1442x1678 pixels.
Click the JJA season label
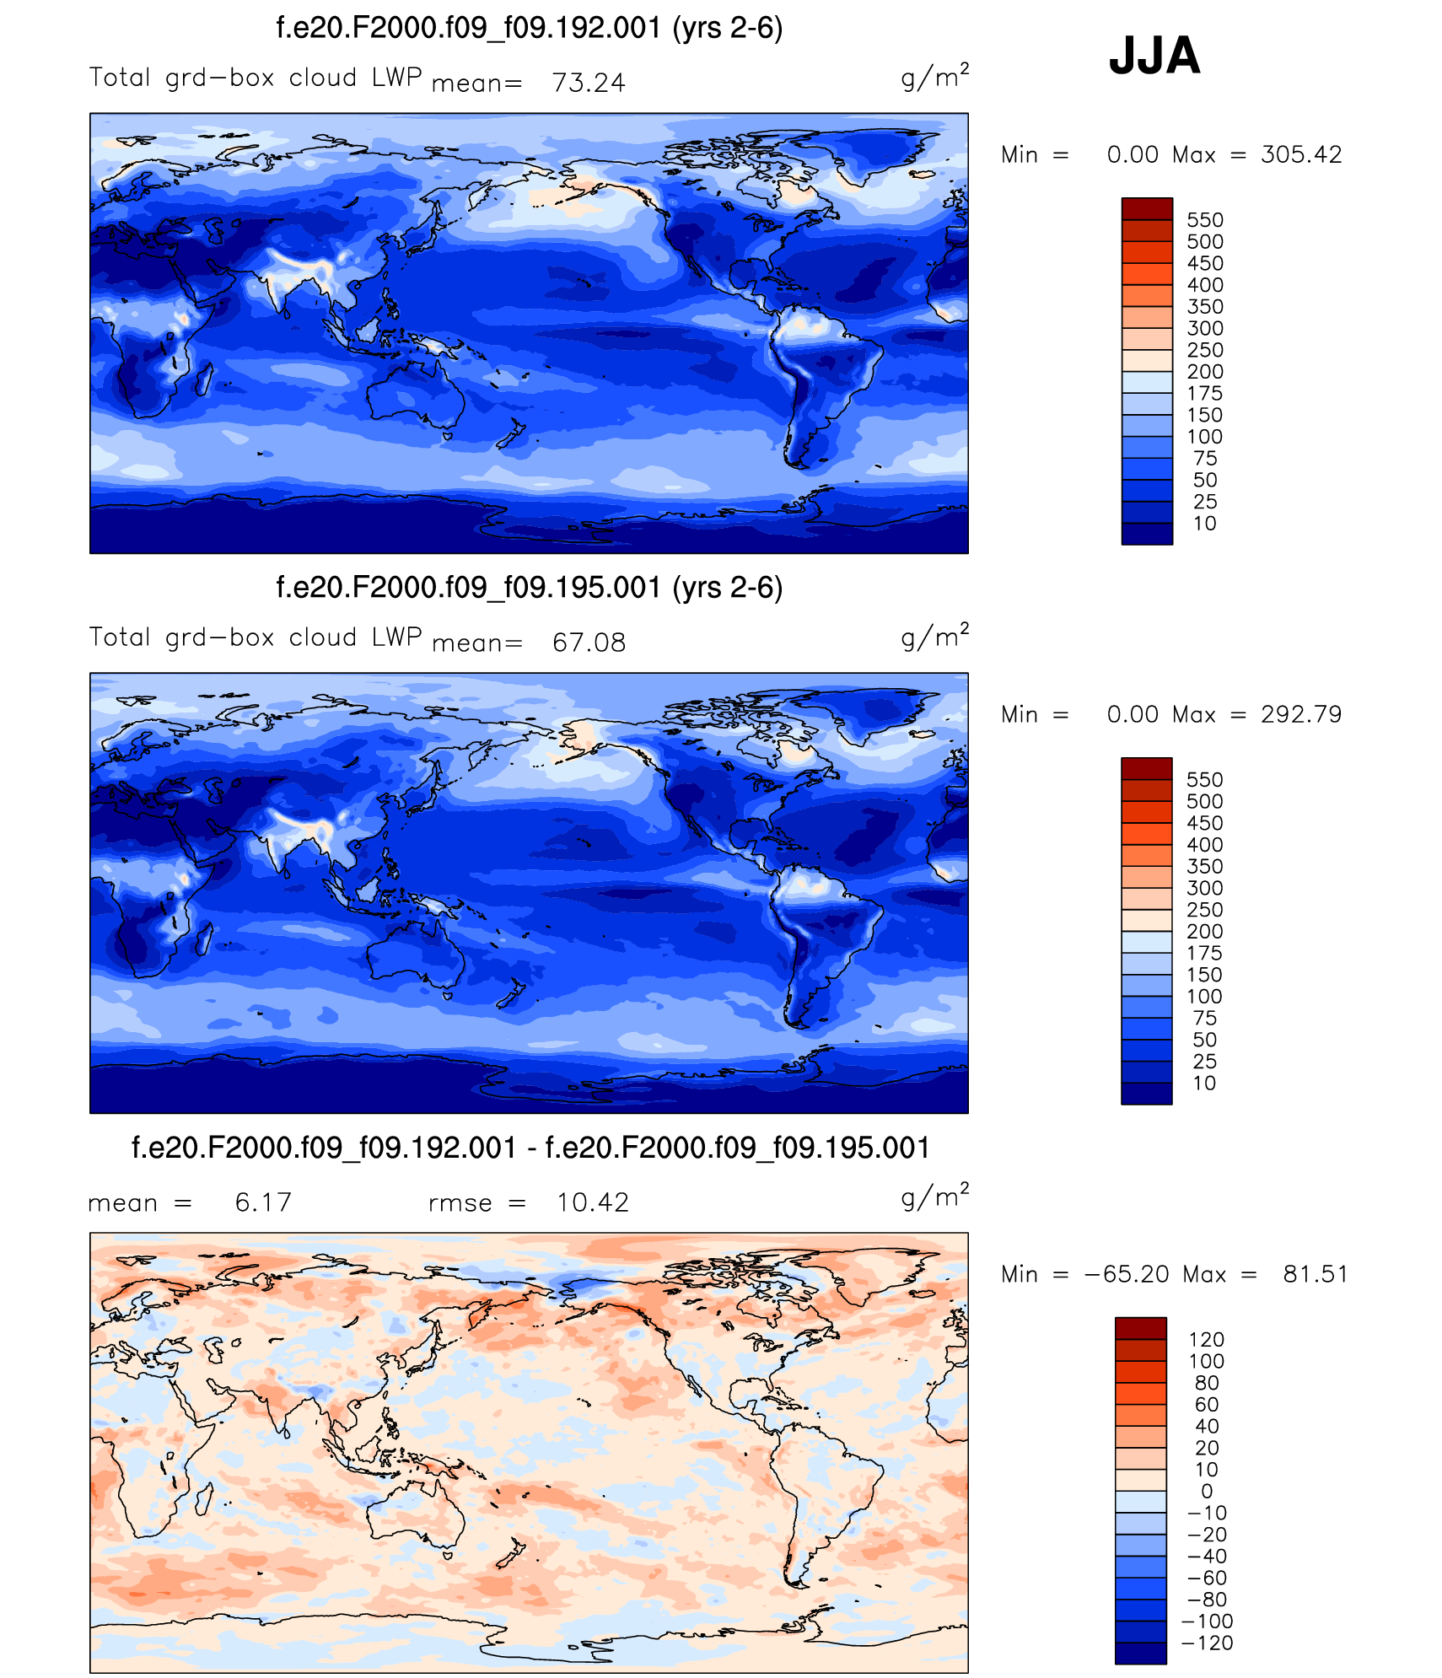click(1154, 56)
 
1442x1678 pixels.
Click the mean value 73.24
click(589, 83)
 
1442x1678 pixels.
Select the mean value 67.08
click(589, 643)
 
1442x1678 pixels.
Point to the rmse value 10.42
click(592, 1202)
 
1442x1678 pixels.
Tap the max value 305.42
click(1300, 155)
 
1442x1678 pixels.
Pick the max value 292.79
click(1300, 715)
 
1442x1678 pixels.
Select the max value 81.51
click(1315, 1274)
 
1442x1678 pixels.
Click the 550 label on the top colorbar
click(1204, 220)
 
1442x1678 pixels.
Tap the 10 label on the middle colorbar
click(1204, 1084)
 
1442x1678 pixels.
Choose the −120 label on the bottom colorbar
click(1207, 1643)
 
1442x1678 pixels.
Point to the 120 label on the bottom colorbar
click(1206, 1340)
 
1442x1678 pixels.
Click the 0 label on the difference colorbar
click(1207, 1492)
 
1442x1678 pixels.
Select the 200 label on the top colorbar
click(1204, 372)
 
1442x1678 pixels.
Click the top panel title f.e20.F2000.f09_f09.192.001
click(529, 28)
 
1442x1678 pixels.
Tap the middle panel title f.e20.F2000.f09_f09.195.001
click(529, 588)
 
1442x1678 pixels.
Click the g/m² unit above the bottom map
click(934, 1197)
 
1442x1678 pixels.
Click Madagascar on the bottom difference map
click(203, 1499)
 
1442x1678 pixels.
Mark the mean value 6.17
click(263, 1202)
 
